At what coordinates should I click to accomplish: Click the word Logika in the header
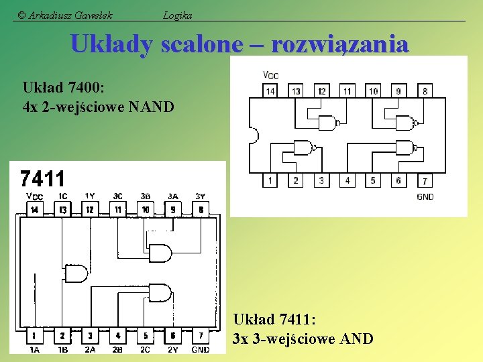[178, 15]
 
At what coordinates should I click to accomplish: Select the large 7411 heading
[43, 179]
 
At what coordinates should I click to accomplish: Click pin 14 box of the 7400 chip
[270, 90]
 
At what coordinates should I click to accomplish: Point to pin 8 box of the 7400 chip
[424, 90]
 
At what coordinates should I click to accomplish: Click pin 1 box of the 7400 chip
[270, 180]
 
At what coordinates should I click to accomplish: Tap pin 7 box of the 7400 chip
[424, 181]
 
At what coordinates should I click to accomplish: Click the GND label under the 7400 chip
[425, 196]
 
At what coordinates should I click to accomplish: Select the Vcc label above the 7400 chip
[271, 74]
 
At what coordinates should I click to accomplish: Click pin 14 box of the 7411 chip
[34, 210]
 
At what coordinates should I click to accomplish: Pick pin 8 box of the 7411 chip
[201, 210]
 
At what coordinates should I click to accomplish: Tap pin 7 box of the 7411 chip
[201, 335]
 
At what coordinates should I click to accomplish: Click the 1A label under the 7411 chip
[34, 349]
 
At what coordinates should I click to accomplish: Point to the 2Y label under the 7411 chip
[172, 349]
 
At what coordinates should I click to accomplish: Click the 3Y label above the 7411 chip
[201, 196]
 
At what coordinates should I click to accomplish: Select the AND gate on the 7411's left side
[75, 274]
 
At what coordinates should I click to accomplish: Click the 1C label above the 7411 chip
[62, 196]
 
